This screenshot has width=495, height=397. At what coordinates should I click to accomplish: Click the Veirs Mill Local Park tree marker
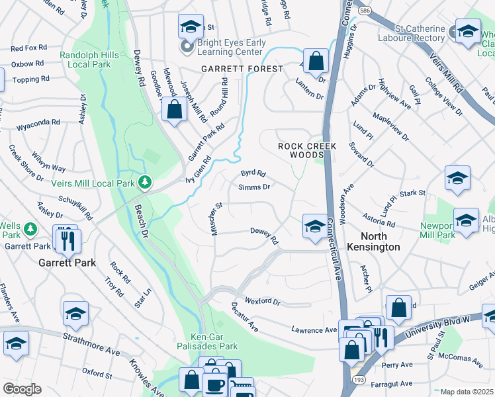coord(144,182)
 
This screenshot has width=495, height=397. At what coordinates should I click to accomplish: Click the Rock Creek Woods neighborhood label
coord(307,150)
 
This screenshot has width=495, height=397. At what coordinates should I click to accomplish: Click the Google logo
coord(22,388)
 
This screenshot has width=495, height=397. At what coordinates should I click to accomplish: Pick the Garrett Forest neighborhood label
coord(243,69)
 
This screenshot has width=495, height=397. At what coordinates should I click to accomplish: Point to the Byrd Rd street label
coord(253,174)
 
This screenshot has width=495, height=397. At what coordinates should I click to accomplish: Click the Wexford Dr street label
coord(263,301)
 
